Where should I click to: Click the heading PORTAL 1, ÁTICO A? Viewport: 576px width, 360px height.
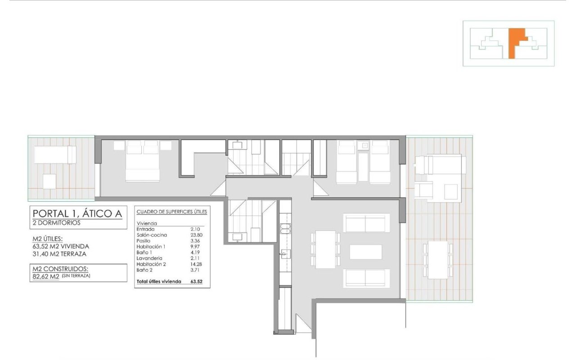(x=77, y=213)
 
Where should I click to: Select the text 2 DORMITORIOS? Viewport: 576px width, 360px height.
(x=57, y=223)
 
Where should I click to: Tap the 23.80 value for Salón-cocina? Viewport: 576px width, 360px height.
(x=197, y=235)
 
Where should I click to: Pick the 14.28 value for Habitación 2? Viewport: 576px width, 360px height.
(x=196, y=264)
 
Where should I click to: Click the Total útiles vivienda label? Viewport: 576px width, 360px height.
(x=159, y=281)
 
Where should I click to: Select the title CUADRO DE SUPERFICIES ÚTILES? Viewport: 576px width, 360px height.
(x=172, y=211)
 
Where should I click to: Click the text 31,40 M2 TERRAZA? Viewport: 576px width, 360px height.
(x=59, y=254)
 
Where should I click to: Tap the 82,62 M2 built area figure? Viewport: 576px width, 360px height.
(x=46, y=277)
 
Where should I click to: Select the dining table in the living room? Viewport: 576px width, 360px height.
(x=325, y=249)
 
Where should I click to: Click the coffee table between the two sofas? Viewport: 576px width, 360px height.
(x=366, y=252)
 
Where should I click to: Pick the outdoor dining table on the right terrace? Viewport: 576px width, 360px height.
(x=438, y=260)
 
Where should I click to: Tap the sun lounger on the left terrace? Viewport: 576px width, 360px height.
(x=55, y=155)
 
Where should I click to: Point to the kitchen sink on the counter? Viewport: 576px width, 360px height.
(x=285, y=254)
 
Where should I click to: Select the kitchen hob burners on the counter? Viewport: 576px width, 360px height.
(x=285, y=229)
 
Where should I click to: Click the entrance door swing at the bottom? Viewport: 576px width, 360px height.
(x=303, y=323)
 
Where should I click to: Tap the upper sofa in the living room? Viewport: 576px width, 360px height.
(x=366, y=223)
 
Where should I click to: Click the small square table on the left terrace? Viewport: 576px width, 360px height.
(x=49, y=181)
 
